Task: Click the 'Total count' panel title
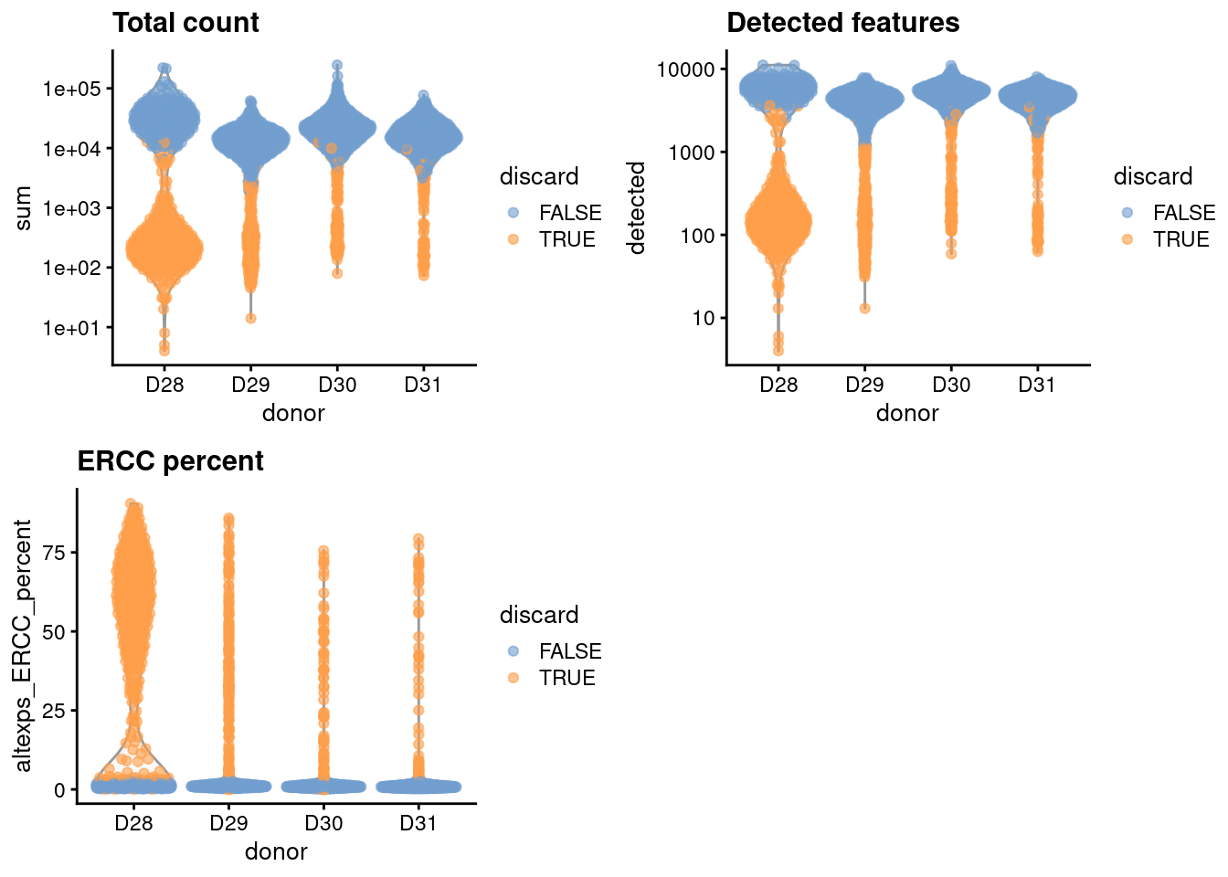(x=185, y=23)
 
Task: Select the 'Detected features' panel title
(x=842, y=23)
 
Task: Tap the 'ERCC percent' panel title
(x=170, y=461)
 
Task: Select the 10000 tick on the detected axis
(x=685, y=69)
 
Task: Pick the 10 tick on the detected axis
(x=703, y=318)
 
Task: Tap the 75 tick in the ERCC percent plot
(x=59, y=553)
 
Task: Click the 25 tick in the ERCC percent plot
(x=59, y=711)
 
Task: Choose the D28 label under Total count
(x=164, y=385)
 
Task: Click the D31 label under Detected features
(x=1037, y=385)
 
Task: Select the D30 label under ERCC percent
(x=323, y=823)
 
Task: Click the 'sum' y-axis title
(x=23, y=207)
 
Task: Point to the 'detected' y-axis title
(x=637, y=207)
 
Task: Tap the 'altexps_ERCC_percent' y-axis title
(x=23, y=646)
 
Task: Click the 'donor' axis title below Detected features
(x=907, y=414)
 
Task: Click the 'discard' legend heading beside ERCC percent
(x=539, y=615)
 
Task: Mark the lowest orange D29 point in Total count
(x=250, y=318)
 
